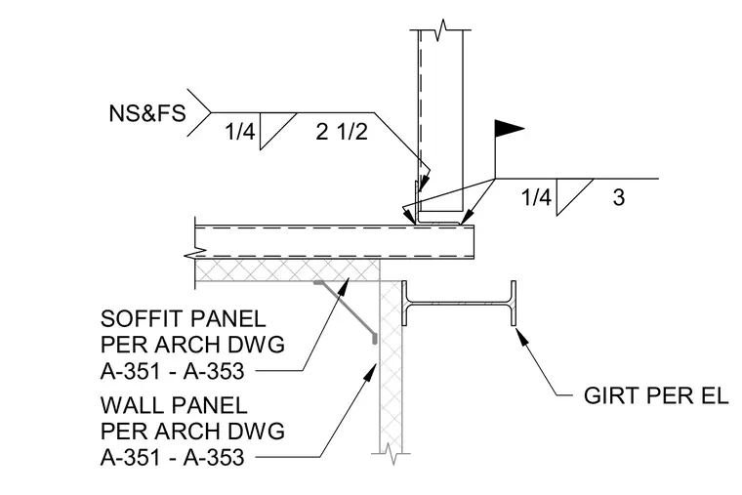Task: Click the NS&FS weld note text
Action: click(147, 113)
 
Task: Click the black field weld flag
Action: click(510, 128)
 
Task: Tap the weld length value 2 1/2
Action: click(342, 131)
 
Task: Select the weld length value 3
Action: click(618, 197)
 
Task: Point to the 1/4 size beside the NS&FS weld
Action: click(240, 131)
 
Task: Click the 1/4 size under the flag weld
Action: click(536, 197)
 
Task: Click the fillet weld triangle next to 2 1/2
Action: click(278, 131)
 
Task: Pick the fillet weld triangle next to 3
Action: click(574, 197)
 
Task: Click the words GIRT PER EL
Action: click(656, 395)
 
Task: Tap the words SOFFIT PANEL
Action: click(183, 319)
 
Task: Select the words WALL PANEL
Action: click(174, 405)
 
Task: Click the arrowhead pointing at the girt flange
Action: click(520, 336)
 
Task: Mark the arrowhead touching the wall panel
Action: click(371, 371)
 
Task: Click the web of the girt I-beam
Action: click(459, 304)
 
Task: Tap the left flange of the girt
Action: click(404, 304)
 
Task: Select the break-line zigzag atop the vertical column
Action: click(441, 30)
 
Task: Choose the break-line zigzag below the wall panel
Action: click(391, 453)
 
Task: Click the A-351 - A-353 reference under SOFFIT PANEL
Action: click(172, 371)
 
